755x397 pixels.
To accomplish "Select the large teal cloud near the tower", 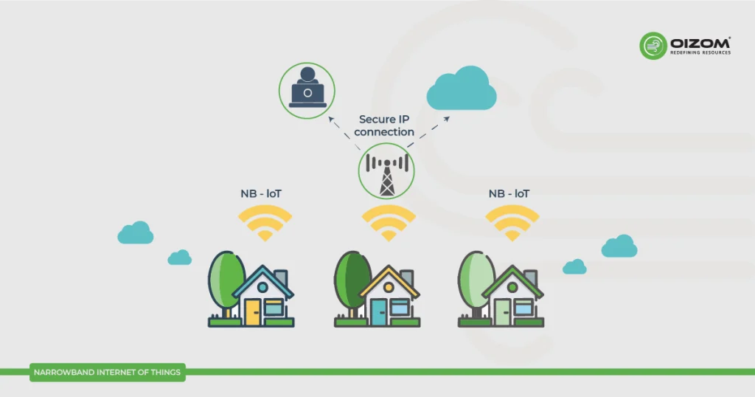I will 462,88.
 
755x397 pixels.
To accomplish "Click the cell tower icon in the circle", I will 386,172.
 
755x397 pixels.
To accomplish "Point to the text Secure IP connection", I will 385,125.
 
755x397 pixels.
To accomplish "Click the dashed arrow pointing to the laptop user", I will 338,129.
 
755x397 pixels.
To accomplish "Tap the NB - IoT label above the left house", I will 261,193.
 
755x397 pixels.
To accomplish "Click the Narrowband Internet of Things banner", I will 107,373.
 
